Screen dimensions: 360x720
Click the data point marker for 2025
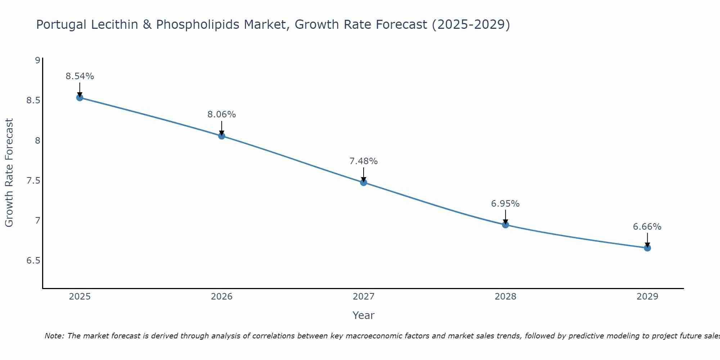point(80,98)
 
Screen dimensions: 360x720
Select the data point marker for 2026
point(221,136)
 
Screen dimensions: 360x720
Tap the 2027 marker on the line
point(363,183)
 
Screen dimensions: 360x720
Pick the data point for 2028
point(505,225)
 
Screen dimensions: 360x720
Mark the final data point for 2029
point(647,248)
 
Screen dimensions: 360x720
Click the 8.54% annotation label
point(80,76)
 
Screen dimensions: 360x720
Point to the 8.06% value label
point(221,114)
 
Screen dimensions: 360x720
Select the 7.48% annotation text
point(363,161)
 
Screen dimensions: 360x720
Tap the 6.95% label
point(505,204)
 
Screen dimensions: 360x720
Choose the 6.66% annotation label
point(647,227)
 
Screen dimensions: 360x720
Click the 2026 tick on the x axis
point(221,297)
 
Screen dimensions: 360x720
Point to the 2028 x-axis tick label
point(505,297)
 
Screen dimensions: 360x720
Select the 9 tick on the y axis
point(37,60)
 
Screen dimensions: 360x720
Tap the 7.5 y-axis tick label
point(33,180)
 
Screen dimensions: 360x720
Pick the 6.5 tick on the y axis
point(33,260)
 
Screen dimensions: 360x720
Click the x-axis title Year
point(363,315)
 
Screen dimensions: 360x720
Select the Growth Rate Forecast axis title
point(9,173)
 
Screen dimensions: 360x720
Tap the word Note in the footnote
point(54,336)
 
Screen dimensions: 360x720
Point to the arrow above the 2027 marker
point(363,174)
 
